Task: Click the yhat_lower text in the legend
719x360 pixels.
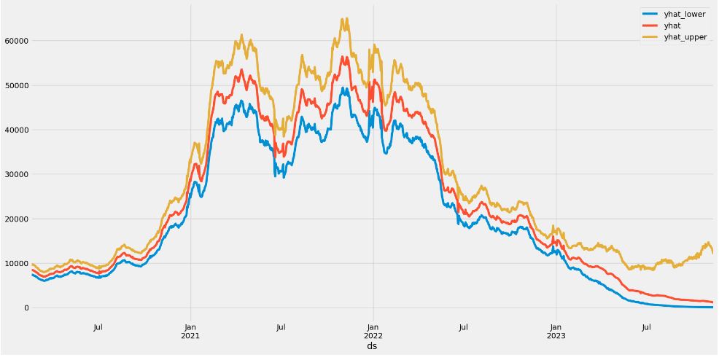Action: (x=684, y=14)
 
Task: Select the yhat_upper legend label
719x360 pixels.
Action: (x=685, y=37)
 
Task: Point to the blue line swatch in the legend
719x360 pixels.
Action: (x=649, y=14)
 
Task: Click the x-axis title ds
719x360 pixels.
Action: (x=372, y=346)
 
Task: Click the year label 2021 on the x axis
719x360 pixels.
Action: (x=190, y=336)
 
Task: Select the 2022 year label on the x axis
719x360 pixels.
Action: (x=373, y=336)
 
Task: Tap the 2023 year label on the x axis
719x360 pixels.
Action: (x=556, y=336)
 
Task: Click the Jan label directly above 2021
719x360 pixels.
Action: (x=190, y=327)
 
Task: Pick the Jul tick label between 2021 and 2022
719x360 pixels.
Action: (x=281, y=327)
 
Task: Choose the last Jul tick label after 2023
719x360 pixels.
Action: (x=646, y=327)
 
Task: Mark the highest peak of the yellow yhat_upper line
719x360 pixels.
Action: (x=344, y=19)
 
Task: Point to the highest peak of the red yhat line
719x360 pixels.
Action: (x=344, y=56)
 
